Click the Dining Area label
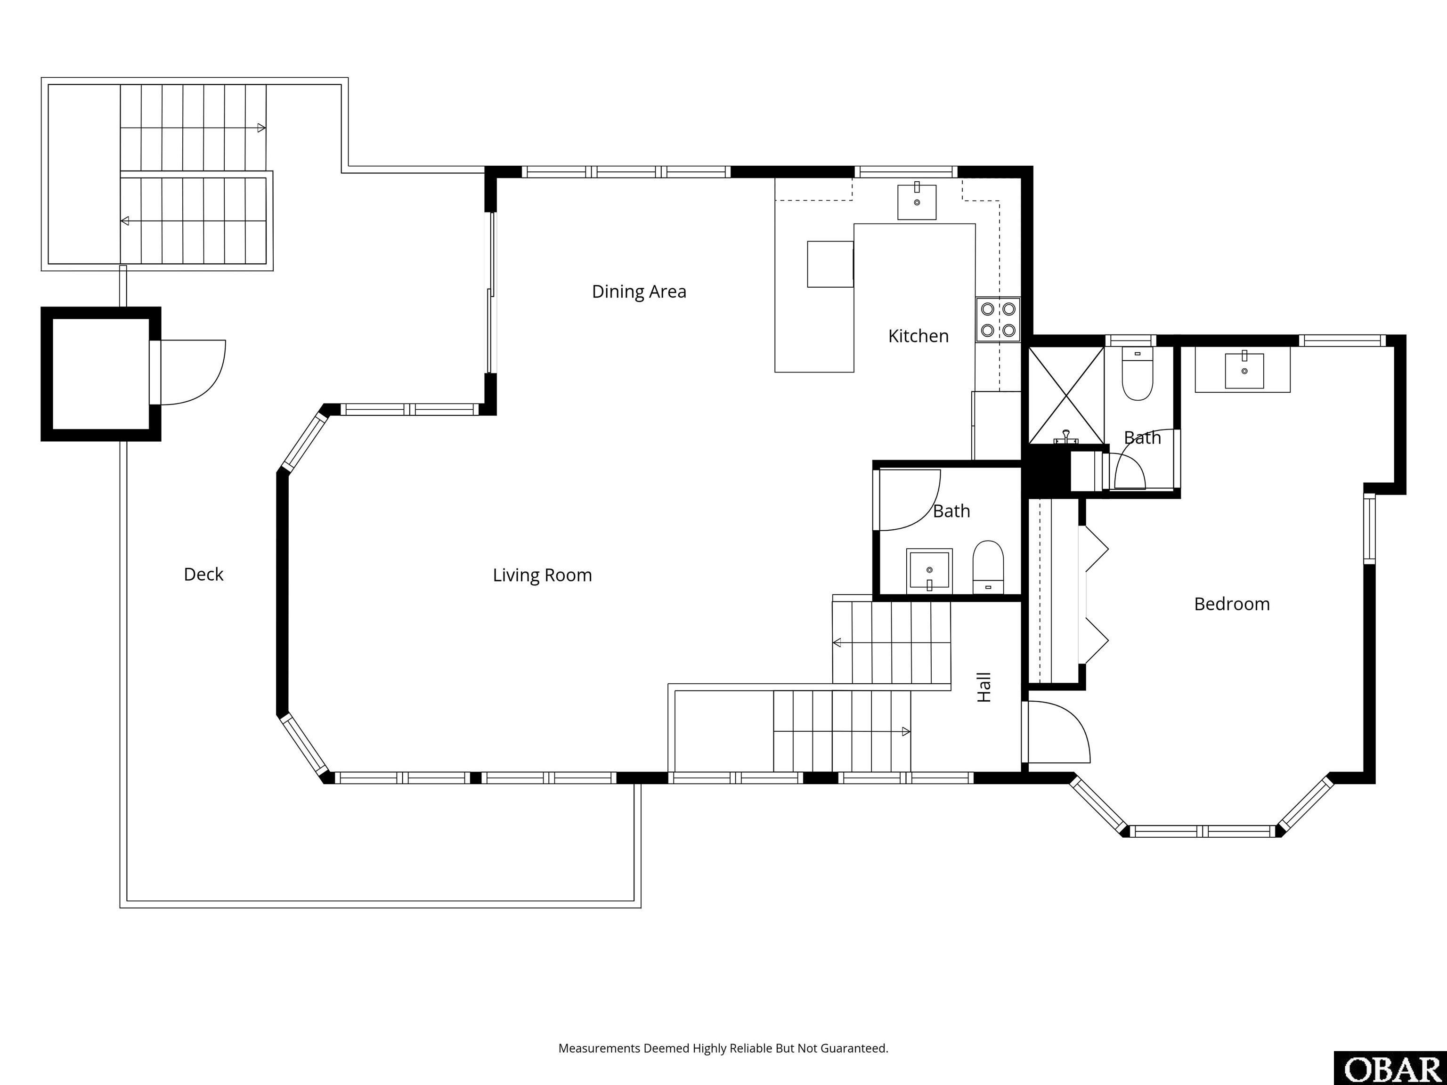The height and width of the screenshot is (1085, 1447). (639, 291)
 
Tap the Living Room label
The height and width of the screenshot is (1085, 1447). (542, 575)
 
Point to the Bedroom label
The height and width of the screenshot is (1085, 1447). (1232, 604)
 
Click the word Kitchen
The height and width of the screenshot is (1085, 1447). (919, 336)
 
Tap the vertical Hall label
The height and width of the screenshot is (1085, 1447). (984, 688)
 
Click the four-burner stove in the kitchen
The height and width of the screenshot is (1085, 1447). (998, 319)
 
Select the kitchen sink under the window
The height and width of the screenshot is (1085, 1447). (917, 202)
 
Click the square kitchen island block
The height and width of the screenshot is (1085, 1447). (830, 264)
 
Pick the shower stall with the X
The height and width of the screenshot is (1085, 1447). (1066, 395)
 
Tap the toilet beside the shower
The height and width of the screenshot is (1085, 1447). (1138, 373)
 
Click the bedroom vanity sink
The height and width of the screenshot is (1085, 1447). (1244, 371)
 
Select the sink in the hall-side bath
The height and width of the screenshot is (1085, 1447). (929, 571)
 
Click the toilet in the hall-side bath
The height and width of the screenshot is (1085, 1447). (988, 567)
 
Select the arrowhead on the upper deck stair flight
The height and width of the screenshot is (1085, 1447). (262, 128)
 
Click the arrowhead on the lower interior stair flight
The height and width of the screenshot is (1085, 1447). (906, 731)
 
